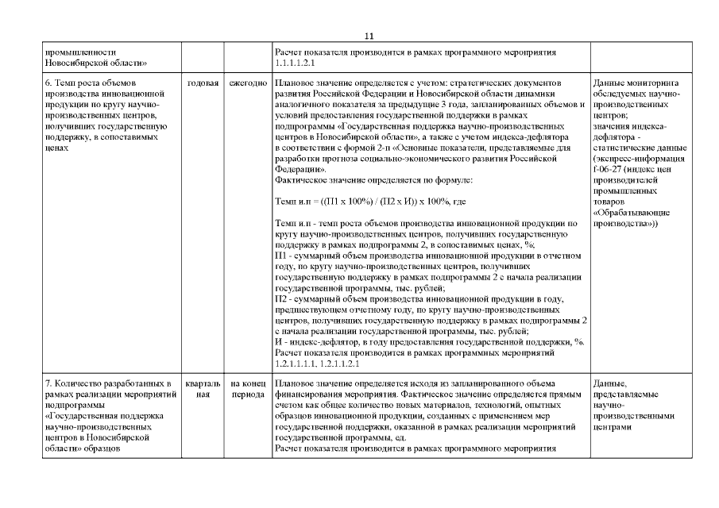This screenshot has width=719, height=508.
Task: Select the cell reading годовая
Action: [203, 83]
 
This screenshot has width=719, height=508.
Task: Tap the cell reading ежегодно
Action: [247, 83]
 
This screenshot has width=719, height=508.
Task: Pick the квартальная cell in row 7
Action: [203, 390]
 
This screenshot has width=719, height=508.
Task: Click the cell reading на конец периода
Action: [247, 390]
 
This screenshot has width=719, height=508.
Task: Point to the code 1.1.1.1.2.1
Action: [296, 63]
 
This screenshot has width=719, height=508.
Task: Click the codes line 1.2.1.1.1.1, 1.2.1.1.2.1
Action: [317, 364]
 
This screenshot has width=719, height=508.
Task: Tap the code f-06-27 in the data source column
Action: [609, 169]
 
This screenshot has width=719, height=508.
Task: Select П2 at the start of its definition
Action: [280, 299]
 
